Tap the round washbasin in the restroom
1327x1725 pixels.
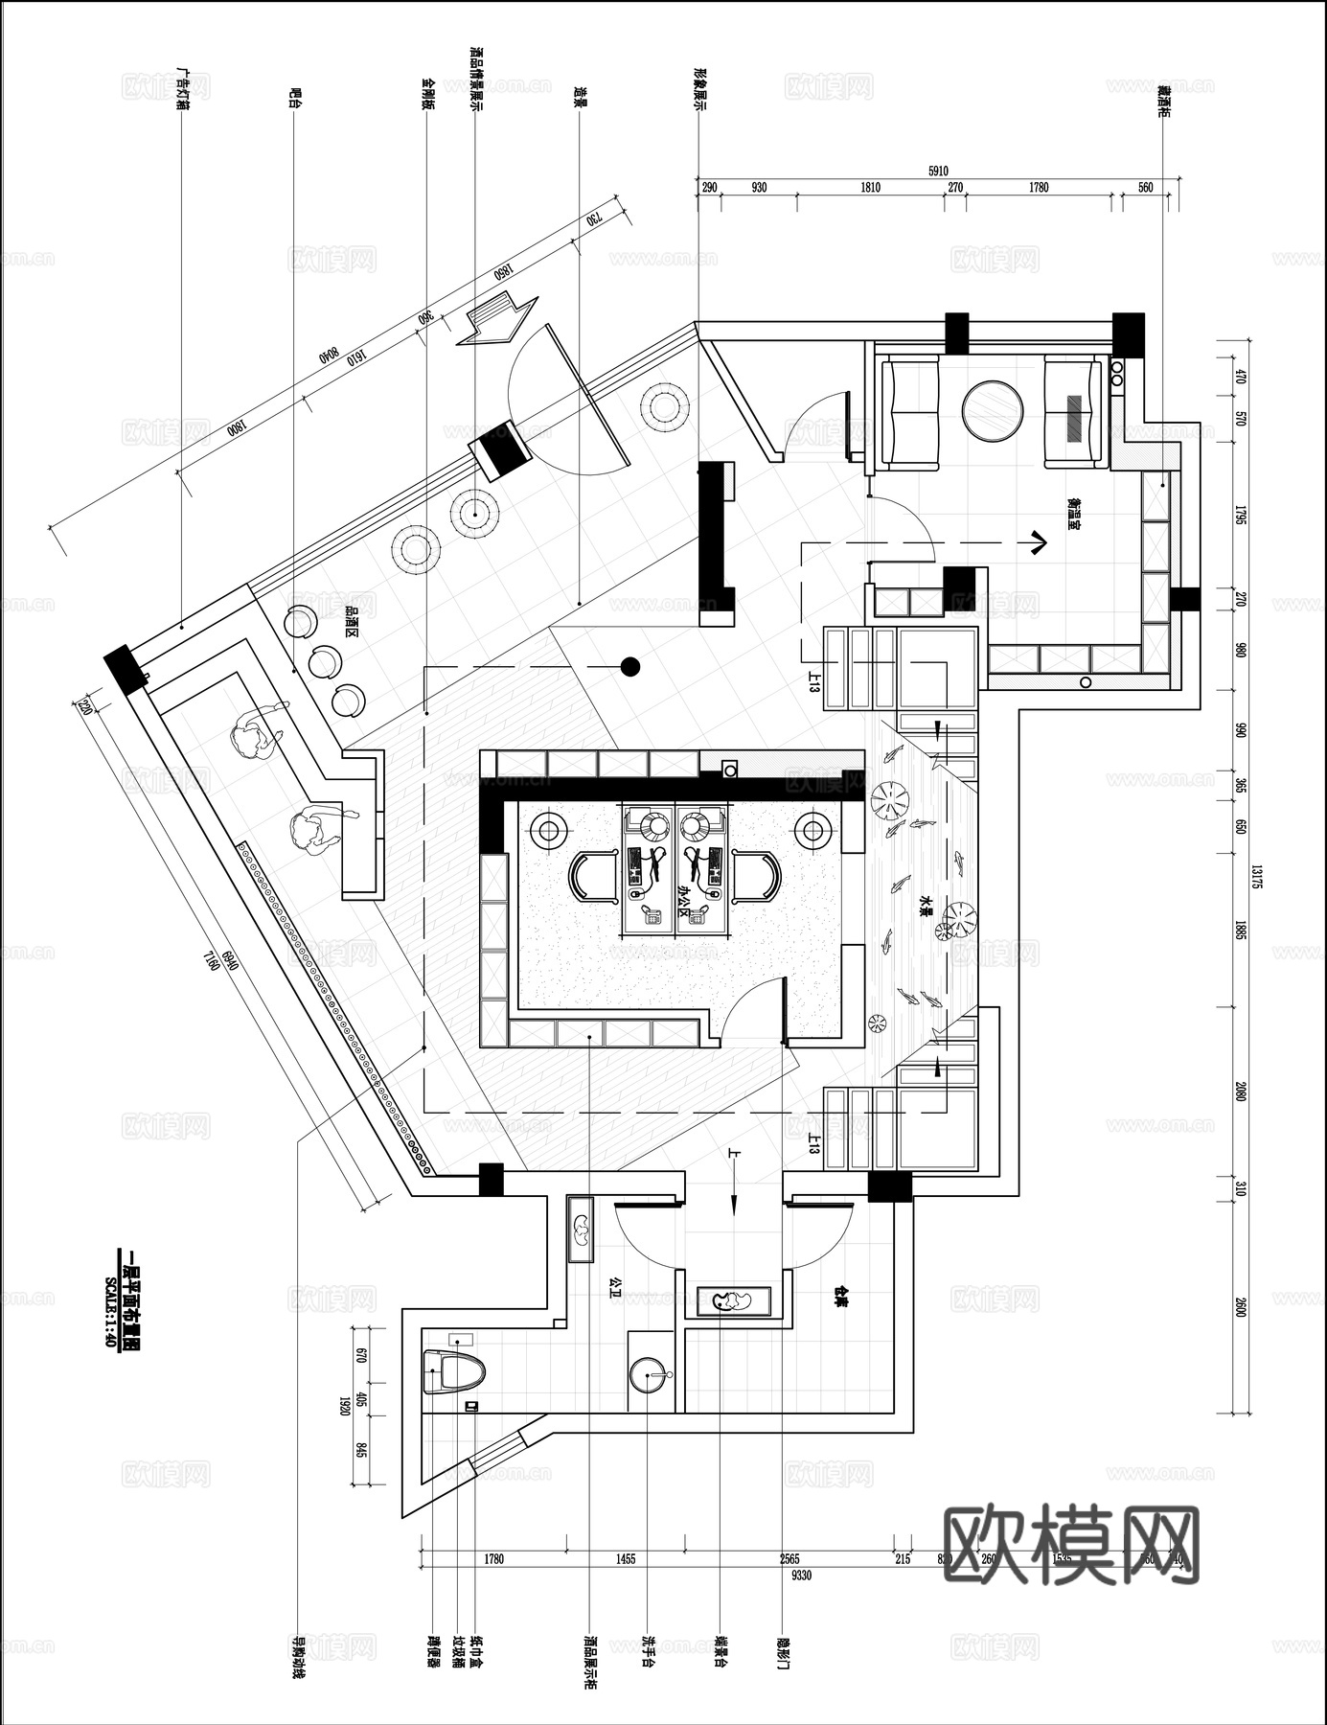(x=652, y=1375)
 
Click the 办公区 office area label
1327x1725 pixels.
(x=684, y=900)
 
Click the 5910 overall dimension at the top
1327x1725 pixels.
(x=937, y=172)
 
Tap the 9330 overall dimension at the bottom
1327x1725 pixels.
(x=800, y=1575)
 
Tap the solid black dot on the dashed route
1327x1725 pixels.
(x=629, y=666)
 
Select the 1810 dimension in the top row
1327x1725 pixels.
(x=869, y=188)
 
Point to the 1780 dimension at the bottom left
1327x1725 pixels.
(x=493, y=1559)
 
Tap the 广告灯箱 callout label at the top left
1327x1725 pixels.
(x=181, y=90)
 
